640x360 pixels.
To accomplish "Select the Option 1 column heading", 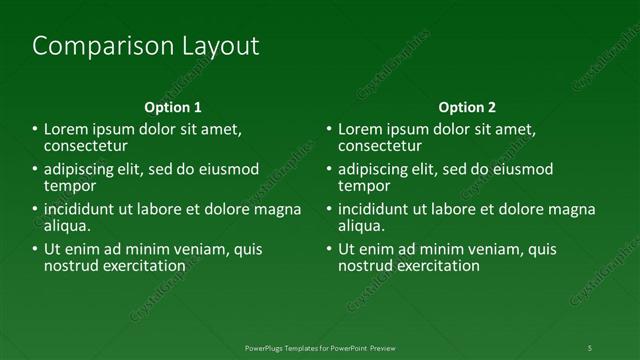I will coord(173,107).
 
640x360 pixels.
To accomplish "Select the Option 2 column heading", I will coord(467,107).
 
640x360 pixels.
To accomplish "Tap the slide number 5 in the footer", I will coord(589,347).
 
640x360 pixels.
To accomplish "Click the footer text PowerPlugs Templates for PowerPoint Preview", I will coord(319,347).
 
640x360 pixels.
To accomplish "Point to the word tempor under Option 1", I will coord(70,186).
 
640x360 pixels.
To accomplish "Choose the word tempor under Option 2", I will coord(364,186).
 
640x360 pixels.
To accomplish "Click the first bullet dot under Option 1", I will coord(35,130).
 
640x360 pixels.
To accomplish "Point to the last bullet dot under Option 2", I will coord(329,250).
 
